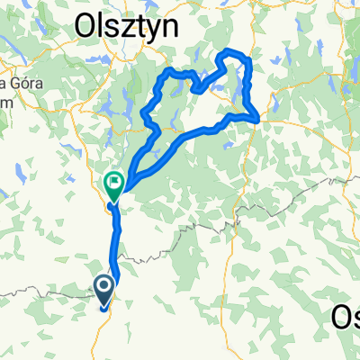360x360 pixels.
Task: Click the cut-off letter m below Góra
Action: (x=4, y=99)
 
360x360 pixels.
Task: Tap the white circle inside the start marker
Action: (x=103, y=287)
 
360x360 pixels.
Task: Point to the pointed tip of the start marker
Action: (x=103, y=307)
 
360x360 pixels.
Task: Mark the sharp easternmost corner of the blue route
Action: (x=259, y=118)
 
